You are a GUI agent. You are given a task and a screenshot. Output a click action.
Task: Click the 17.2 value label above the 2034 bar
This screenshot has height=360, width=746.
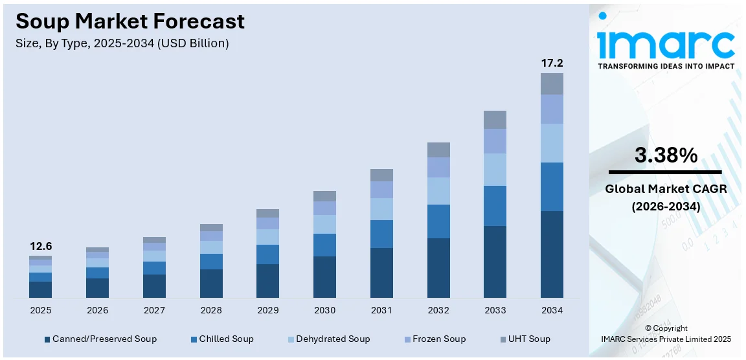(552, 63)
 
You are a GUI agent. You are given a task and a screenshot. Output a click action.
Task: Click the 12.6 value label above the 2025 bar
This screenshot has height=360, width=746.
(40, 247)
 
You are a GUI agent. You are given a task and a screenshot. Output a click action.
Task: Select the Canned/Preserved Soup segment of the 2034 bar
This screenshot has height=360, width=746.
(552, 254)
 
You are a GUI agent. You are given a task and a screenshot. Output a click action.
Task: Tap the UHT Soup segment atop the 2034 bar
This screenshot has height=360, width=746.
(552, 84)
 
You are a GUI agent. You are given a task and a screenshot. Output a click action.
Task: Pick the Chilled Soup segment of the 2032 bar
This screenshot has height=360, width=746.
(438, 221)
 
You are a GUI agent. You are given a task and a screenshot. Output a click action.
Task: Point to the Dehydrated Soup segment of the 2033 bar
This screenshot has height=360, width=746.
(495, 170)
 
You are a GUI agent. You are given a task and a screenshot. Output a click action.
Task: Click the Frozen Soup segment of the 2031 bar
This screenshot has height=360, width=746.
(381, 190)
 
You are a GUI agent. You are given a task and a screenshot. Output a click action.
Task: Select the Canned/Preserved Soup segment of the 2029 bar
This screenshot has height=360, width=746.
(267, 280)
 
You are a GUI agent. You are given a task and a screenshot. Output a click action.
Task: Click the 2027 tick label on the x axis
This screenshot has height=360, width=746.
(154, 311)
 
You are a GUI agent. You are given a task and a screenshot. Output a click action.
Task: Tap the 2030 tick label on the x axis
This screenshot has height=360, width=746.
(324, 311)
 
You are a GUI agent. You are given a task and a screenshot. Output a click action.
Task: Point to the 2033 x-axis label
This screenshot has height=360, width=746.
(495, 311)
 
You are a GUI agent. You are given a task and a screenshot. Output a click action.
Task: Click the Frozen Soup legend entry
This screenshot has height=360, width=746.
(435, 339)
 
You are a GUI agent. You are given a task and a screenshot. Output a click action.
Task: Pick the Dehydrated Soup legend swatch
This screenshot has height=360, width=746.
(290, 339)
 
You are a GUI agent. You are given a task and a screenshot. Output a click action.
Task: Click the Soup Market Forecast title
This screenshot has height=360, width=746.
(130, 21)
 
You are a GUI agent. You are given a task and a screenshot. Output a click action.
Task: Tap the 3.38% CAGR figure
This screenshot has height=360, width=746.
(666, 155)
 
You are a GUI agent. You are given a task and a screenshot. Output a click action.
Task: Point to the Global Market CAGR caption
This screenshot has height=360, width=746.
(666, 189)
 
